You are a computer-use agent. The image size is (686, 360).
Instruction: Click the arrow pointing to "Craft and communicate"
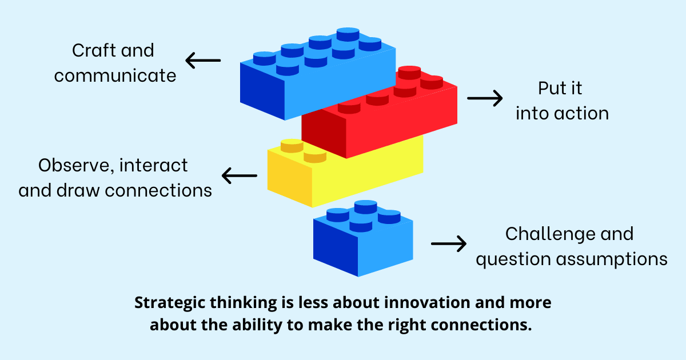click(203, 61)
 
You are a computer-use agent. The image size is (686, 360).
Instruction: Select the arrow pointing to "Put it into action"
click(485, 98)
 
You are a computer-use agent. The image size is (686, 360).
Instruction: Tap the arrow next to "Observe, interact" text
click(240, 175)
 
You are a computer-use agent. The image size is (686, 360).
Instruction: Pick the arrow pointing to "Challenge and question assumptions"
click(449, 243)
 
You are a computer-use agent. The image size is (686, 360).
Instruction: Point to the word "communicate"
click(115, 75)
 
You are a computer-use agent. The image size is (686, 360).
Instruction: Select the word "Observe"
click(76, 166)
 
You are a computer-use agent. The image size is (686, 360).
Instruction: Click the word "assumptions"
click(612, 259)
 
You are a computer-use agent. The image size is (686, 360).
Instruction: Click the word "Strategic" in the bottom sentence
click(170, 303)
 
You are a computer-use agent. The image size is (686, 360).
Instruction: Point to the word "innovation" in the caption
click(427, 302)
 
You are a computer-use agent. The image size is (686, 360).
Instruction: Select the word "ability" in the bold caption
click(257, 325)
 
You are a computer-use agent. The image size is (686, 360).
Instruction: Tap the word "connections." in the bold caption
click(481, 325)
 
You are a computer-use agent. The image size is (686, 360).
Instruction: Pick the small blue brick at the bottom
click(363, 239)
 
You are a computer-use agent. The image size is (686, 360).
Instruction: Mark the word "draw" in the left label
click(78, 190)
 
